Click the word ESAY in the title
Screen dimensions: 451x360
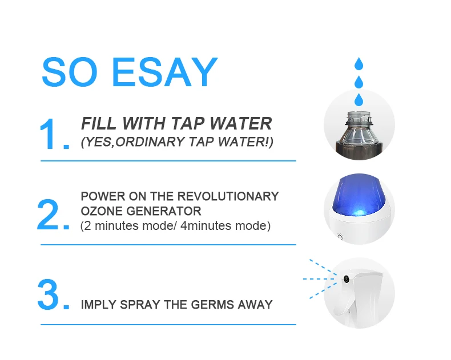coord(164,72)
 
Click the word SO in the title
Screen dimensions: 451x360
coord(70,72)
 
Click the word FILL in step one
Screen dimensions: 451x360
coord(99,124)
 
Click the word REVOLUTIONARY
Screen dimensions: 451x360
coord(228,196)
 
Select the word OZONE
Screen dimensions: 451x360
coord(102,211)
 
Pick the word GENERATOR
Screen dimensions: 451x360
coord(164,211)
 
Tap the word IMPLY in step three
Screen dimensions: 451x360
coord(98,305)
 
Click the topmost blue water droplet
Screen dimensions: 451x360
coord(359,64)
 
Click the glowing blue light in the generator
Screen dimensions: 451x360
coord(359,212)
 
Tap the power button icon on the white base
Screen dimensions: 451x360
coord(340,237)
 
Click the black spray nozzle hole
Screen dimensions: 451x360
coord(346,278)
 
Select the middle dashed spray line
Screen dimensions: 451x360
coord(319,279)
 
